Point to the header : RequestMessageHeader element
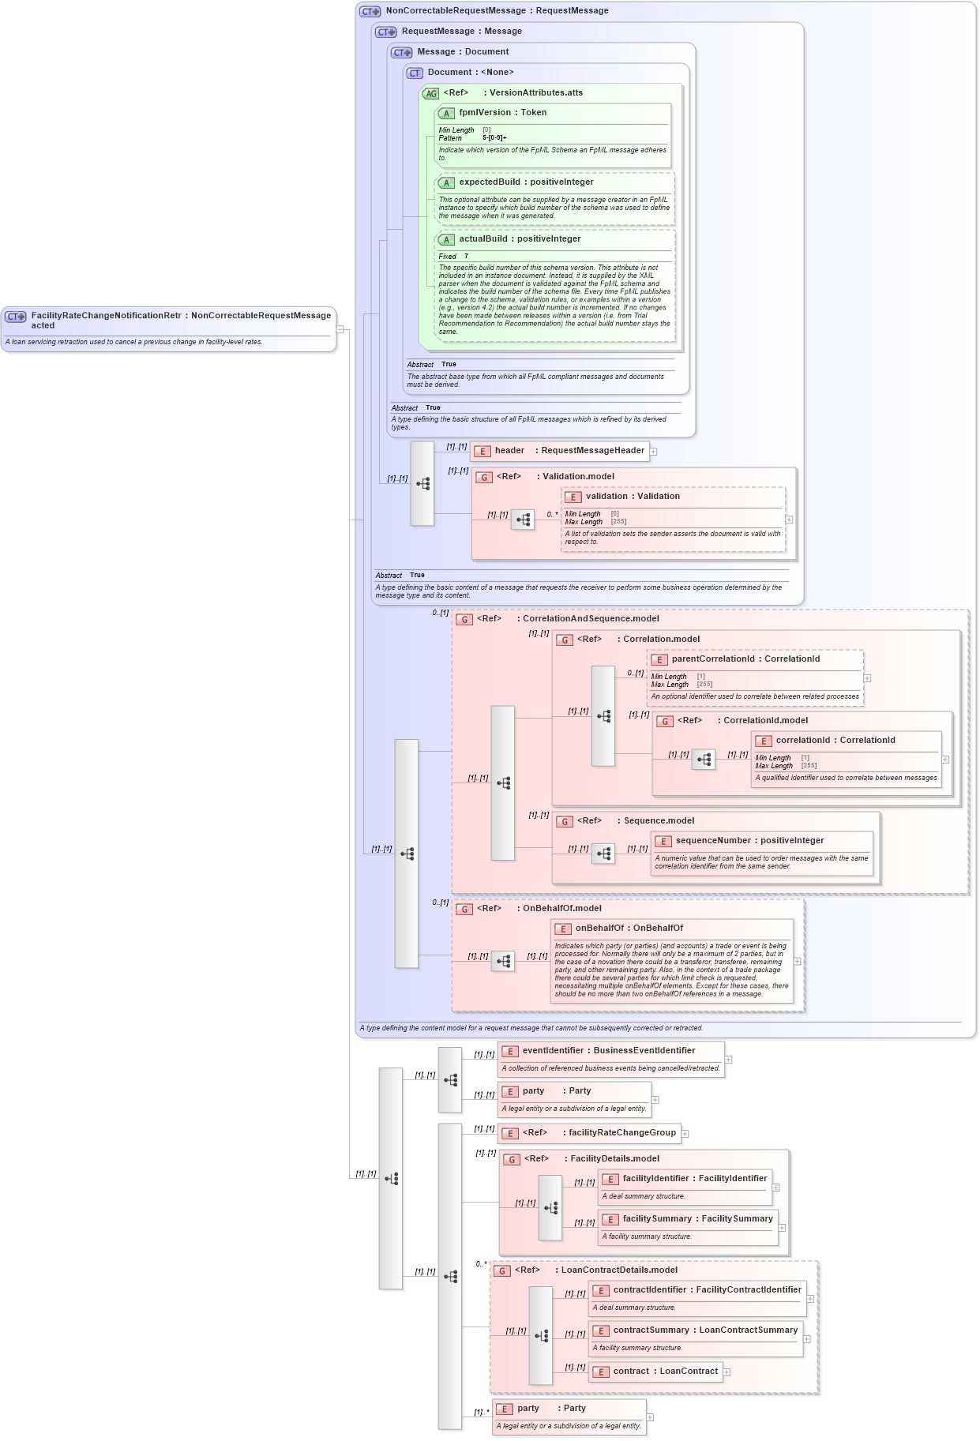[569, 451]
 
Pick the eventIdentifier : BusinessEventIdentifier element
[608, 1051]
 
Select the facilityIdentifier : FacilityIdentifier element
[694, 1179]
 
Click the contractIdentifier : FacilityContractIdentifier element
[707, 1290]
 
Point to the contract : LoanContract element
[665, 1372]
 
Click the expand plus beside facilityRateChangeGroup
[685, 1134]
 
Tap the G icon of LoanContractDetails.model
[502, 1271]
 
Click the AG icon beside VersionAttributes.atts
[430, 94]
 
